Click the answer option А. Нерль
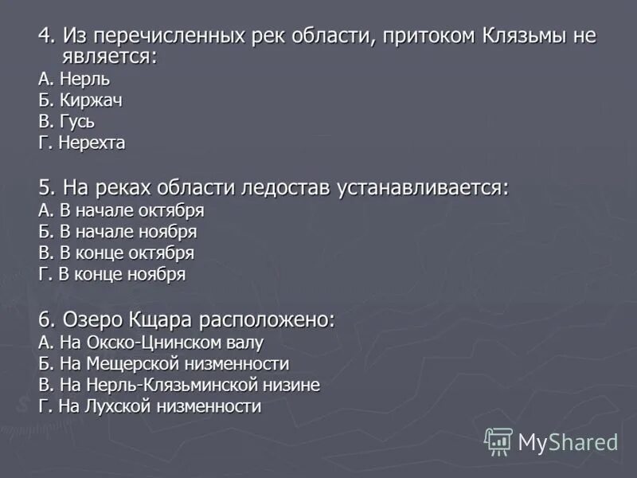[x=74, y=79]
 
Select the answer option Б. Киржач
[x=80, y=100]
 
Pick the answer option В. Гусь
[x=67, y=122]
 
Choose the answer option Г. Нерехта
[x=82, y=143]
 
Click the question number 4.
[x=45, y=36]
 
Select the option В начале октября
[x=121, y=210]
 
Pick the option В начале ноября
[x=117, y=232]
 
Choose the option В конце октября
[x=116, y=253]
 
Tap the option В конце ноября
[x=112, y=275]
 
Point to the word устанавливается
[x=422, y=188]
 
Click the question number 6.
[x=45, y=319]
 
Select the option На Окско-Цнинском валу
[x=150, y=343]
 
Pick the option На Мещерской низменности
[x=163, y=364]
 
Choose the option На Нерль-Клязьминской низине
[x=179, y=386]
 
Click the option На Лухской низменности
[x=150, y=407]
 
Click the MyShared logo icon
[x=498, y=441]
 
